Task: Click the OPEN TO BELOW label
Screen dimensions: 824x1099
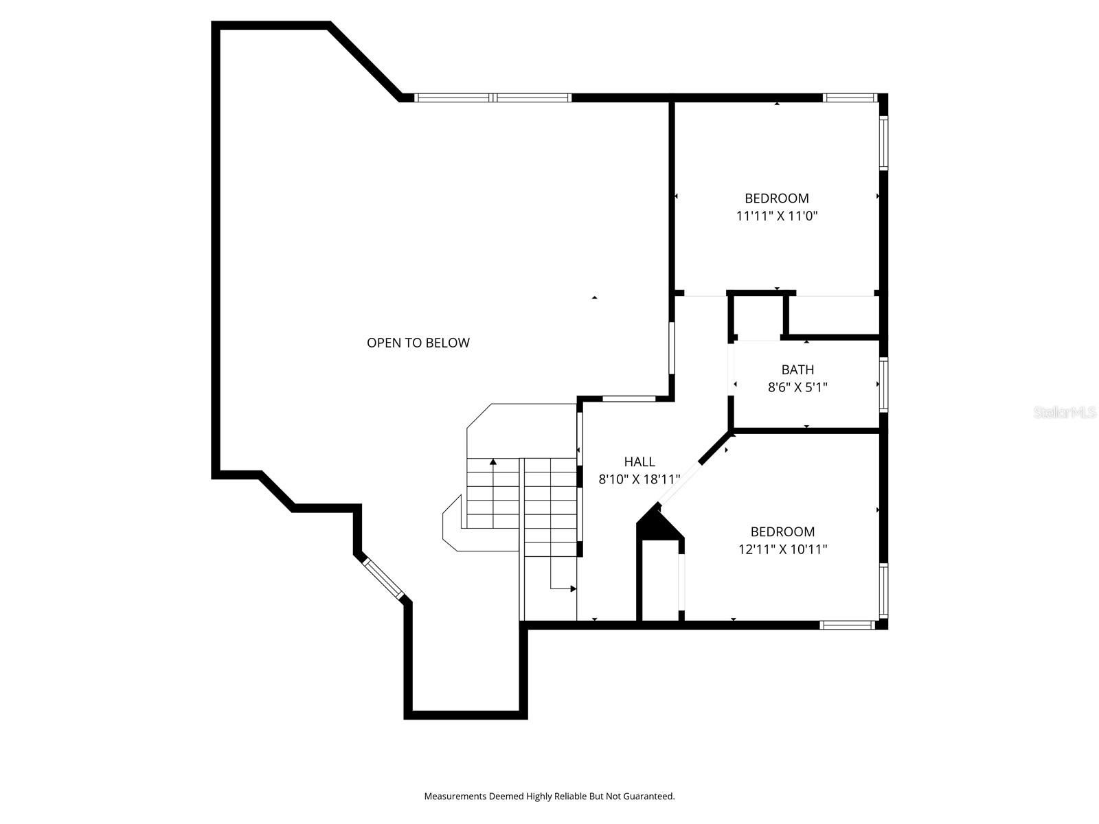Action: (418, 343)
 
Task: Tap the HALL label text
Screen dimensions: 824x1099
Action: (639, 461)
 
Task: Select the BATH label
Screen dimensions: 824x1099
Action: (797, 369)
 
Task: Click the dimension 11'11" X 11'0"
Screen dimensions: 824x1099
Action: (777, 216)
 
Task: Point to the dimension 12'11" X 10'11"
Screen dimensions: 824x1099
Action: (782, 549)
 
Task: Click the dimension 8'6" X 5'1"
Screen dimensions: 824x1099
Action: (797, 387)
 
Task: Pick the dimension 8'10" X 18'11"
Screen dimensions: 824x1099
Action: (639, 479)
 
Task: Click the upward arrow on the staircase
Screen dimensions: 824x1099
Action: (493, 462)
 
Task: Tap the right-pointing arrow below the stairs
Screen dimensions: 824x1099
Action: (573, 588)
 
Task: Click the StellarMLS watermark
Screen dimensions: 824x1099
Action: (1065, 412)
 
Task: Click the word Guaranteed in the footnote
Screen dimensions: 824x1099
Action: (649, 797)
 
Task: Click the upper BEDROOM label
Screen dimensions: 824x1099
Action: (777, 198)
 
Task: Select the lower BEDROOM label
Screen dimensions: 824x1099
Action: (782, 531)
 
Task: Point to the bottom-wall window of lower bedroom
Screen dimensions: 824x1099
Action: (848, 625)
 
